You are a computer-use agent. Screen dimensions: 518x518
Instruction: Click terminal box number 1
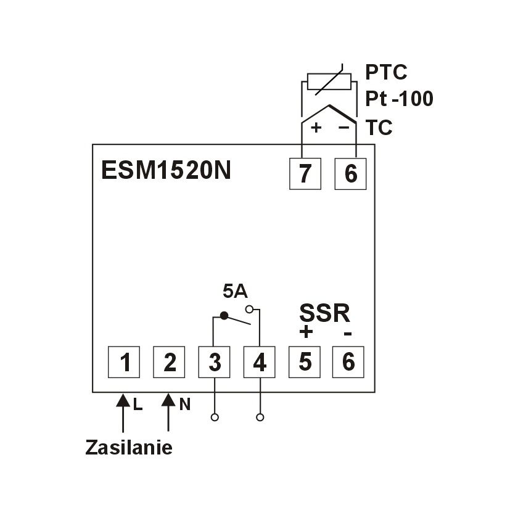pyautogui.click(x=124, y=362)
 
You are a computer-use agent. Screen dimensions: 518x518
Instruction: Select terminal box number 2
pyautogui.click(x=170, y=362)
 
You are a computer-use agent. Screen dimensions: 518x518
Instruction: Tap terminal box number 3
pyautogui.click(x=215, y=362)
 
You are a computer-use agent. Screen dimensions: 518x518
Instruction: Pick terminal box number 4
pyautogui.click(x=260, y=362)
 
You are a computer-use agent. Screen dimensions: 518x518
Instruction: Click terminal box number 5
pyautogui.click(x=305, y=362)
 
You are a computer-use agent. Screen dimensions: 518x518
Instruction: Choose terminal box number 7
pyautogui.click(x=305, y=174)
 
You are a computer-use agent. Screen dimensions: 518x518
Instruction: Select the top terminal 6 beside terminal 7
pyautogui.click(x=350, y=174)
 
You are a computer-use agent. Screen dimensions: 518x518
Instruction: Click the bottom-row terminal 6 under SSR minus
pyautogui.click(x=348, y=362)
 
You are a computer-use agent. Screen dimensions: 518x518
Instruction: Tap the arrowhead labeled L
pyautogui.click(x=123, y=401)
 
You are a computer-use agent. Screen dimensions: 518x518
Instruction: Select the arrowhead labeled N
pyautogui.click(x=169, y=401)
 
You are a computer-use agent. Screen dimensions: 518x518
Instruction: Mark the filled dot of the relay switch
pyautogui.click(x=224, y=316)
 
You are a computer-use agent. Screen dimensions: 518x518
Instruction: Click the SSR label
pyautogui.click(x=325, y=313)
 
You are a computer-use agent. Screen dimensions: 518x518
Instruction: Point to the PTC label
pyautogui.click(x=386, y=73)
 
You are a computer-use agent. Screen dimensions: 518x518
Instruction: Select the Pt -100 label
pyautogui.click(x=398, y=99)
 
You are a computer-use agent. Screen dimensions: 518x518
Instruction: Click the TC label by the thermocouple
pyautogui.click(x=379, y=128)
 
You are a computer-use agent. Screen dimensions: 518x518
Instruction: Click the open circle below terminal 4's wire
pyautogui.click(x=260, y=417)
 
